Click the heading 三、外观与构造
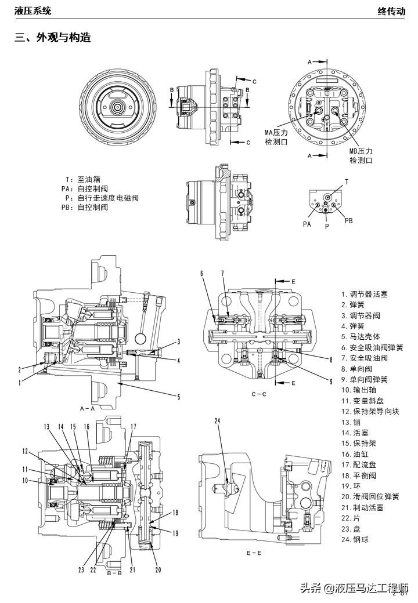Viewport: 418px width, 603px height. click(53, 38)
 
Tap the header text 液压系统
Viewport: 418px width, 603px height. click(33, 10)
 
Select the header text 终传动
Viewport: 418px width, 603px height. click(391, 10)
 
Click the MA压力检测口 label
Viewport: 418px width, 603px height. click(276, 137)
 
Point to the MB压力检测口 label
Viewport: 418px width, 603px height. click(361, 155)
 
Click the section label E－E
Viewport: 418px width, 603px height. click(254, 553)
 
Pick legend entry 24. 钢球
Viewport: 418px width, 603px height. click(355, 539)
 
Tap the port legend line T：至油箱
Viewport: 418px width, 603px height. click(82, 180)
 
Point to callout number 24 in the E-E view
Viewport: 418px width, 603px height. click(218, 421)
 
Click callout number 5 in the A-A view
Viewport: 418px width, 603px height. click(178, 397)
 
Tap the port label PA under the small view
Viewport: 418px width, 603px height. click(307, 223)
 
